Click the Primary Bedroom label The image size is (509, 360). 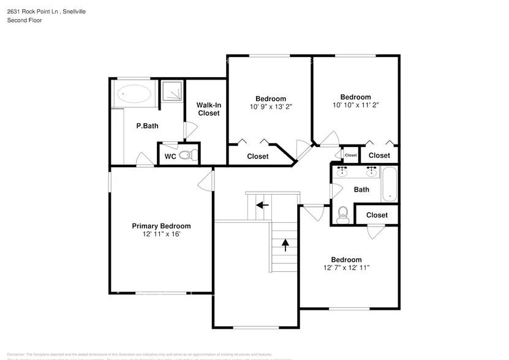(x=161, y=226)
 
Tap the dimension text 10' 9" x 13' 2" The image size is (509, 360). (x=271, y=107)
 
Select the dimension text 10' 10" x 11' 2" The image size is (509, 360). (x=356, y=105)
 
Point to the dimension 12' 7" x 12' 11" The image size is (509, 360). (x=346, y=268)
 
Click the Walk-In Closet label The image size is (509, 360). (x=208, y=109)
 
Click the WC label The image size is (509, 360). (x=170, y=157)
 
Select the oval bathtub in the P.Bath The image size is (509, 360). (x=134, y=95)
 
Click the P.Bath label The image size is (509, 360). (x=148, y=126)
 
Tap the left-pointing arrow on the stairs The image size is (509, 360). (x=262, y=204)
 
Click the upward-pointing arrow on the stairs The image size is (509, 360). (x=285, y=244)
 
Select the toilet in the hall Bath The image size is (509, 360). (x=343, y=213)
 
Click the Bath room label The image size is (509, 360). (x=361, y=190)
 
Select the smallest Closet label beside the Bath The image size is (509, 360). (x=350, y=156)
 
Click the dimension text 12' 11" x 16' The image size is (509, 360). (x=161, y=234)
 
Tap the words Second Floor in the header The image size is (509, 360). (x=25, y=20)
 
